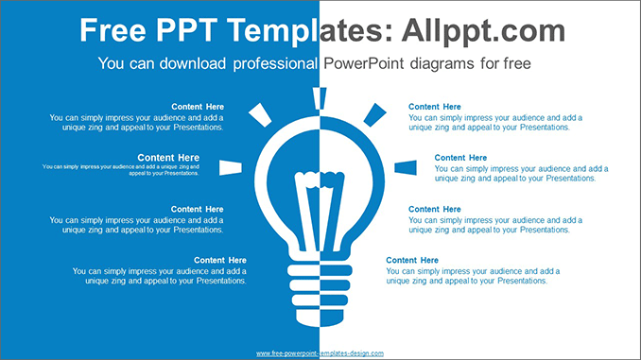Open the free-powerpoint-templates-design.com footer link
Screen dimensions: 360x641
click(x=320, y=352)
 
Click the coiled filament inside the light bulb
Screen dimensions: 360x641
click(x=320, y=176)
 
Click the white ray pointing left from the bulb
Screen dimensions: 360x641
click(x=231, y=167)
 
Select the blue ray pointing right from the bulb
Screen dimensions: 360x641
click(x=406, y=167)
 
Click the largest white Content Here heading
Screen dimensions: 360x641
click(x=168, y=157)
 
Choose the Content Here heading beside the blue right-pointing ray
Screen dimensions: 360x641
click(x=460, y=158)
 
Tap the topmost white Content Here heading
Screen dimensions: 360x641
click(x=198, y=107)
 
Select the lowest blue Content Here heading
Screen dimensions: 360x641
click(x=412, y=260)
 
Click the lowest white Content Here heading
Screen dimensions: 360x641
click(x=220, y=260)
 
